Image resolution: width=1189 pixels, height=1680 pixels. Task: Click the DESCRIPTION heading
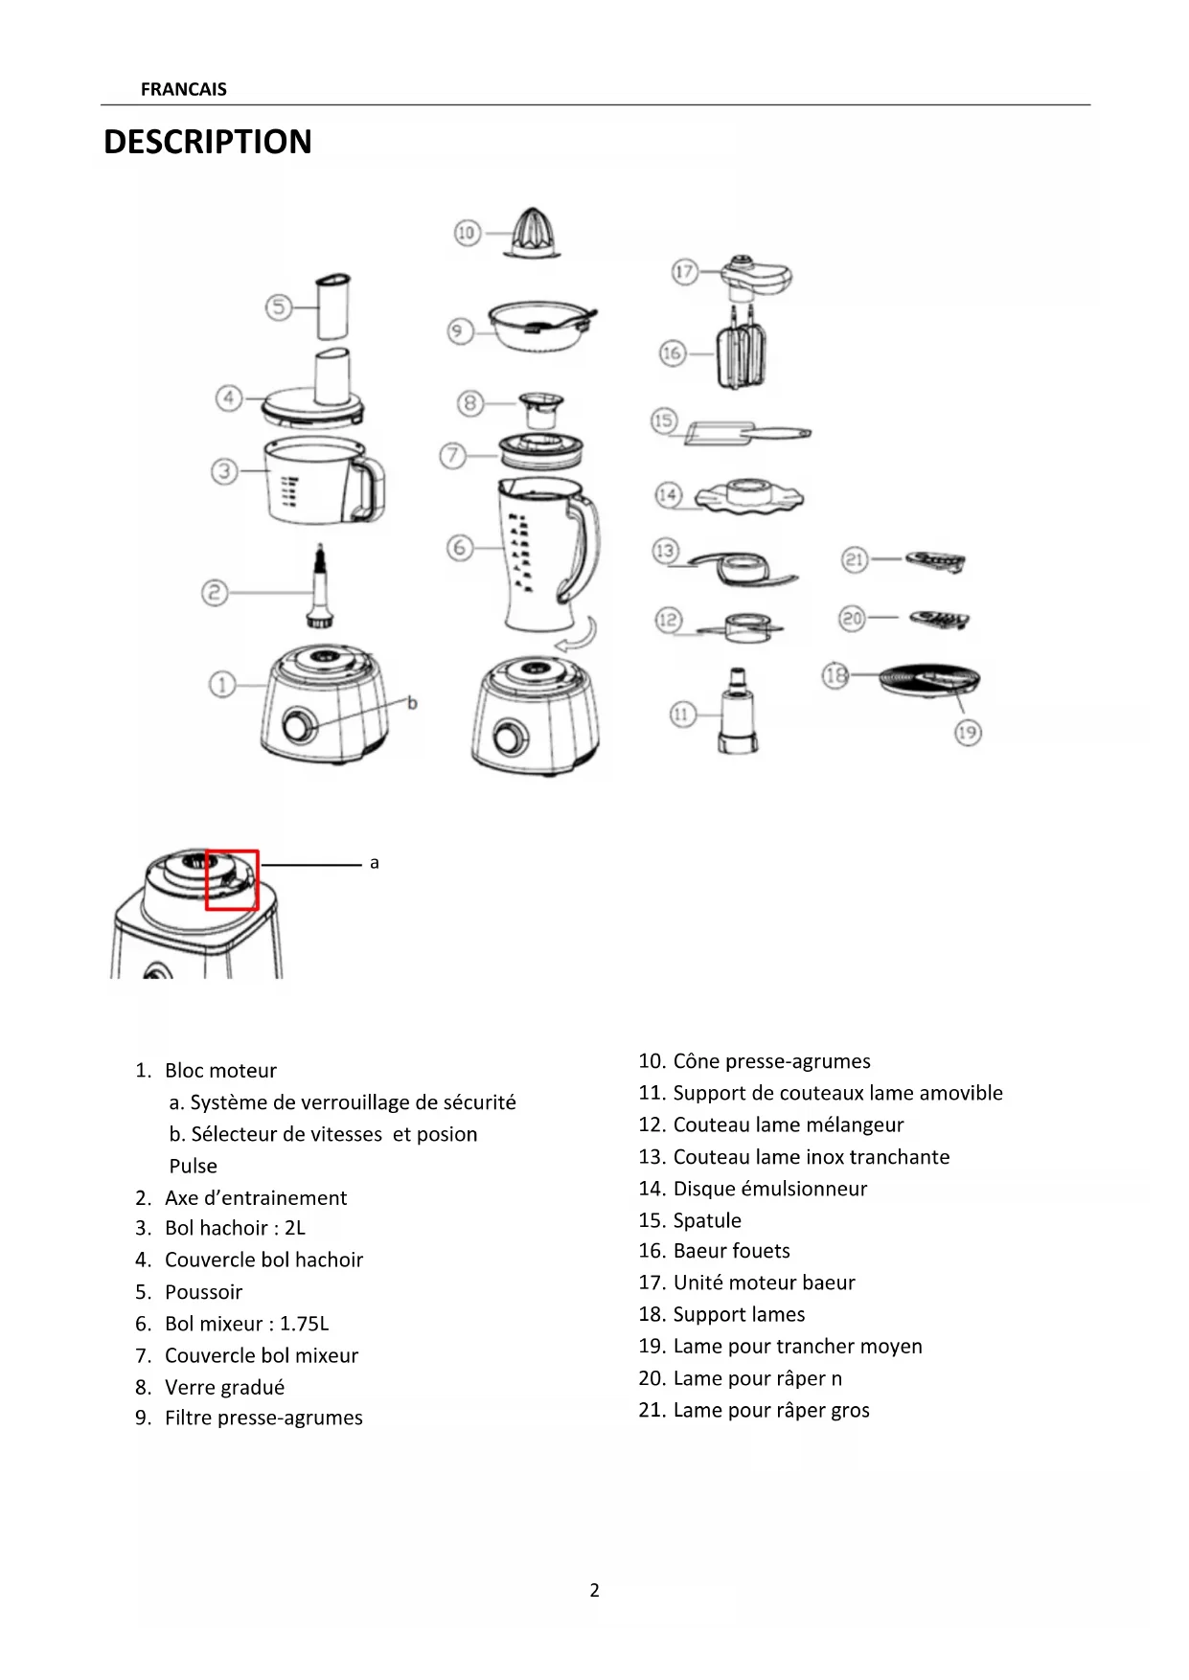tap(208, 142)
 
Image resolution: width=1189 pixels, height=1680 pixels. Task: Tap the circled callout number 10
tap(467, 232)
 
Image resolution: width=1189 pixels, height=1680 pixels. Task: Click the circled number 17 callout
tap(683, 272)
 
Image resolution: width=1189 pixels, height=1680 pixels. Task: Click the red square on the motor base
tap(232, 879)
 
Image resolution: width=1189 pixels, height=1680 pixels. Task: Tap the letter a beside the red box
tap(375, 863)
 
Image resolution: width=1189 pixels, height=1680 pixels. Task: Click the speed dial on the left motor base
tap(300, 725)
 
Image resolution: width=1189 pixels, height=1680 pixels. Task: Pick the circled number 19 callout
tap(968, 733)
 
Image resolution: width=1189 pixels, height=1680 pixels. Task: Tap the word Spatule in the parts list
tap(707, 1220)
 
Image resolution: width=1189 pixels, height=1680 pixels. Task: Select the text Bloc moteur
tap(220, 1070)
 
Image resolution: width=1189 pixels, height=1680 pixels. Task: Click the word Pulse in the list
tap(194, 1166)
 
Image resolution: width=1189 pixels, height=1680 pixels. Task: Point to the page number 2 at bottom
tap(594, 1590)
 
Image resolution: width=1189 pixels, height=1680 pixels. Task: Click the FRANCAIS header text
tap(183, 89)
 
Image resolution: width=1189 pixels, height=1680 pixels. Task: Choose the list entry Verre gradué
tap(224, 1387)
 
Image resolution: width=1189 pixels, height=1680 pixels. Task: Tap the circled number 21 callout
tap(855, 559)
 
